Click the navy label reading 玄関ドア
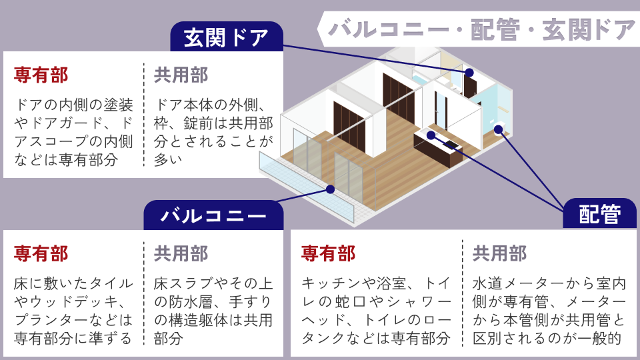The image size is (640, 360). [227, 37]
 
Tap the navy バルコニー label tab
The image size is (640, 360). [213, 215]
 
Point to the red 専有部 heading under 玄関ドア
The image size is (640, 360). [41, 75]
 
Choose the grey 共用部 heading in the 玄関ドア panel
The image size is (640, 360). [181, 75]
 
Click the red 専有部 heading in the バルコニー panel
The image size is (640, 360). [41, 253]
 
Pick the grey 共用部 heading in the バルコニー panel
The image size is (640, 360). [181, 253]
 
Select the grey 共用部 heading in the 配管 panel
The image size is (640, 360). [499, 253]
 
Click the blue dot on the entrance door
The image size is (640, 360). [469, 72]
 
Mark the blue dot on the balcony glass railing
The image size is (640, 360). [330, 189]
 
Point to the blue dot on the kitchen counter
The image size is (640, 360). [431, 135]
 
